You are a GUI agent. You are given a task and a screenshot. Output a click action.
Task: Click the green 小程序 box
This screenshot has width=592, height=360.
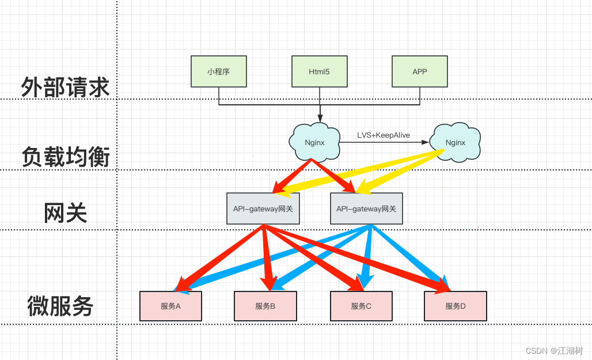pyautogui.click(x=219, y=71)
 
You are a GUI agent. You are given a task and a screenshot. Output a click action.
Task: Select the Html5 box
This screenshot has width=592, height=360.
pyautogui.click(x=319, y=71)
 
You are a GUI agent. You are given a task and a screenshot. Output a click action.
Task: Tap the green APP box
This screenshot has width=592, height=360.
pyautogui.click(x=420, y=71)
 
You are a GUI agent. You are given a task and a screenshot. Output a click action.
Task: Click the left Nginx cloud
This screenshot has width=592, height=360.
pyautogui.click(x=314, y=142)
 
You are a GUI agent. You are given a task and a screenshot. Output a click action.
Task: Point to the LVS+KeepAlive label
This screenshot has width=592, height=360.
pyautogui.click(x=384, y=135)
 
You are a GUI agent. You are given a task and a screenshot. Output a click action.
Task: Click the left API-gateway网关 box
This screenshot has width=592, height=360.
pyautogui.click(x=263, y=209)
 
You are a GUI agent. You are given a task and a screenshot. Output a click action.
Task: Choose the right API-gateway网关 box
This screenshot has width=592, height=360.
pyautogui.click(x=366, y=209)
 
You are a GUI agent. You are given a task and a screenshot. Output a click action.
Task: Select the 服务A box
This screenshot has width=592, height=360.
pyautogui.click(x=170, y=306)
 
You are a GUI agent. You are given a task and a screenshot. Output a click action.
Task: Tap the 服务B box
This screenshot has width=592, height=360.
pyautogui.click(x=265, y=306)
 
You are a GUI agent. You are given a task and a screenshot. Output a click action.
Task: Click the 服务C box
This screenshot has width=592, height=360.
pyautogui.click(x=361, y=306)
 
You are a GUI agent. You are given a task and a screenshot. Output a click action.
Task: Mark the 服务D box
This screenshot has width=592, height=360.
pyautogui.click(x=456, y=306)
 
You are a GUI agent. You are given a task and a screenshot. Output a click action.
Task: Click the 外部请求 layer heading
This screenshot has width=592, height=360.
pyautogui.click(x=65, y=88)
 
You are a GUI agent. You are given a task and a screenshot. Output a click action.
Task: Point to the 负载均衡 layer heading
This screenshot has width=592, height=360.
pyautogui.click(x=65, y=157)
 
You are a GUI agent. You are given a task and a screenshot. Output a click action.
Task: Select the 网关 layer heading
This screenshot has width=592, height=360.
pyautogui.click(x=65, y=213)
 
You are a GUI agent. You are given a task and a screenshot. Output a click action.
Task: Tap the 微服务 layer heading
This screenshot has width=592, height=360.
pyautogui.click(x=60, y=306)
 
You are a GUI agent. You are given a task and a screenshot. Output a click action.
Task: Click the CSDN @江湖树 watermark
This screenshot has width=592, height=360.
pyautogui.click(x=554, y=351)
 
